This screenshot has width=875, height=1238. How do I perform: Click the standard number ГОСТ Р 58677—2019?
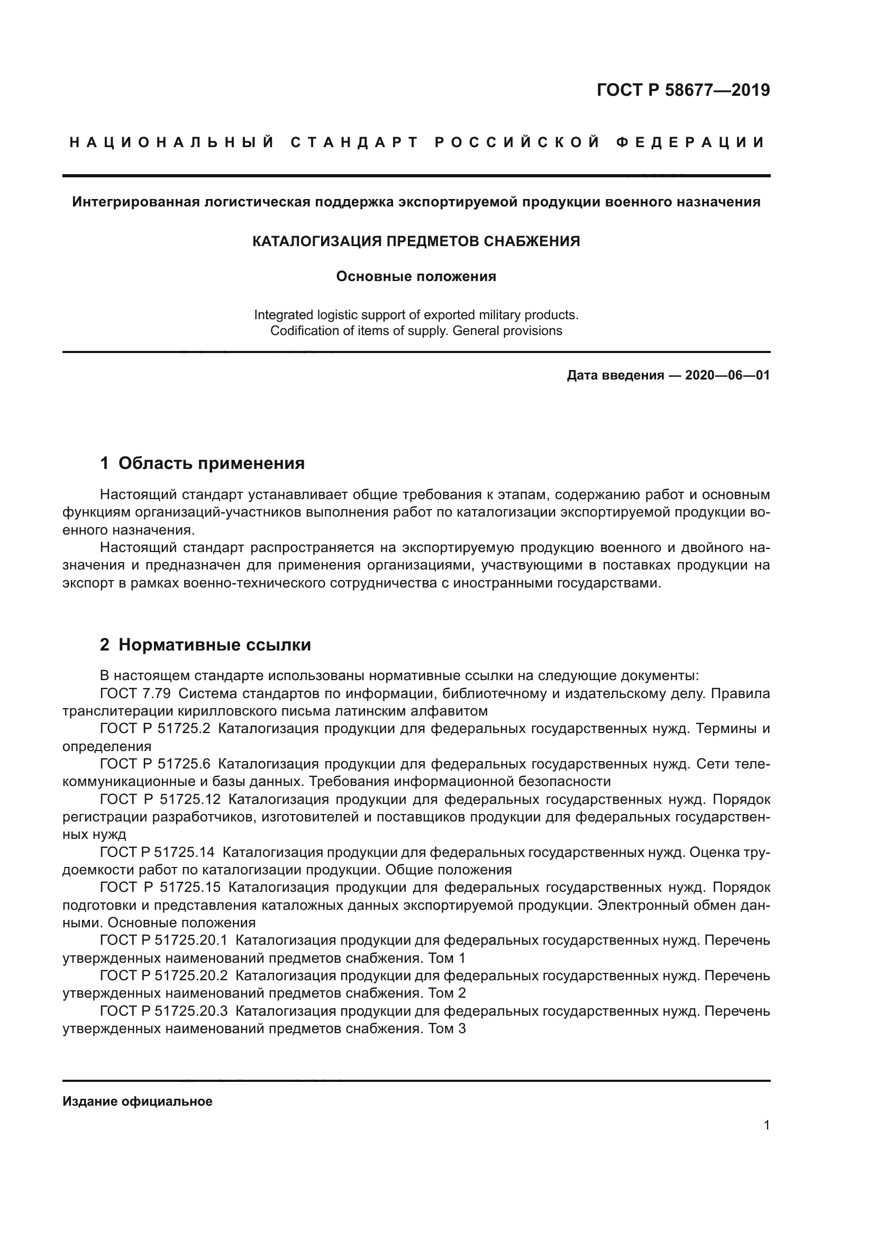(x=682, y=90)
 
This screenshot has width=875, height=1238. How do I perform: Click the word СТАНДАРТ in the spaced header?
(x=354, y=142)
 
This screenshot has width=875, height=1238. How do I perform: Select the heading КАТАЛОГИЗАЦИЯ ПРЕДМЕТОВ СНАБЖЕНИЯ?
(x=416, y=241)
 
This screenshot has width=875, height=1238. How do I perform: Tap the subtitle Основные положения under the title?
(x=416, y=277)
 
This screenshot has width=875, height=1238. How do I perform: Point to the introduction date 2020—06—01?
(x=727, y=375)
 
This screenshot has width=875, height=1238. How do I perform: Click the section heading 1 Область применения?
(x=202, y=463)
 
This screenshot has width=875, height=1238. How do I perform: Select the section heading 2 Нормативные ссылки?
(x=205, y=644)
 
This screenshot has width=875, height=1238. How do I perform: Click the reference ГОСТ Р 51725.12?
(x=160, y=799)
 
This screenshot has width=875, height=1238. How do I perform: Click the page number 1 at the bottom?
(x=766, y=1125)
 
